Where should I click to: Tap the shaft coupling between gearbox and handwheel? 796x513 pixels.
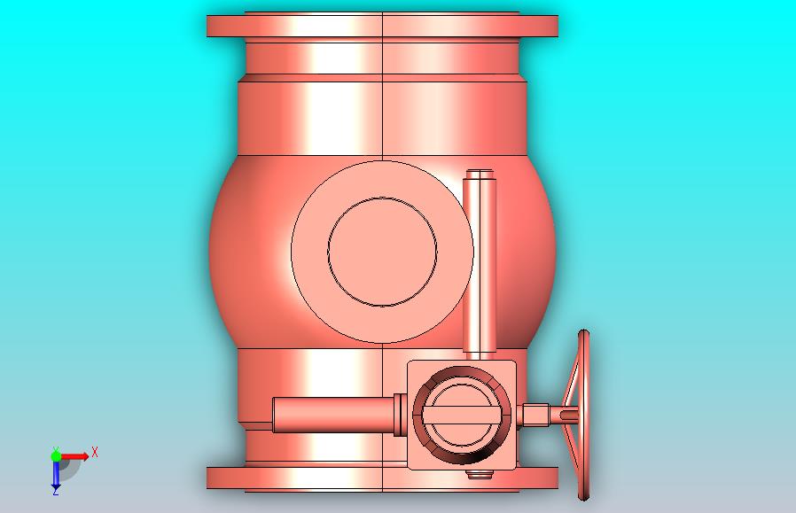[x=535, y=415]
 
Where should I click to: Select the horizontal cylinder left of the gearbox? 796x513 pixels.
[x=333, y=415]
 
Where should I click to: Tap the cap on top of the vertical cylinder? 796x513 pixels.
[x=480, y=174]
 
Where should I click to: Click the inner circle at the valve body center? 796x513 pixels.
[x=382, y=252]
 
